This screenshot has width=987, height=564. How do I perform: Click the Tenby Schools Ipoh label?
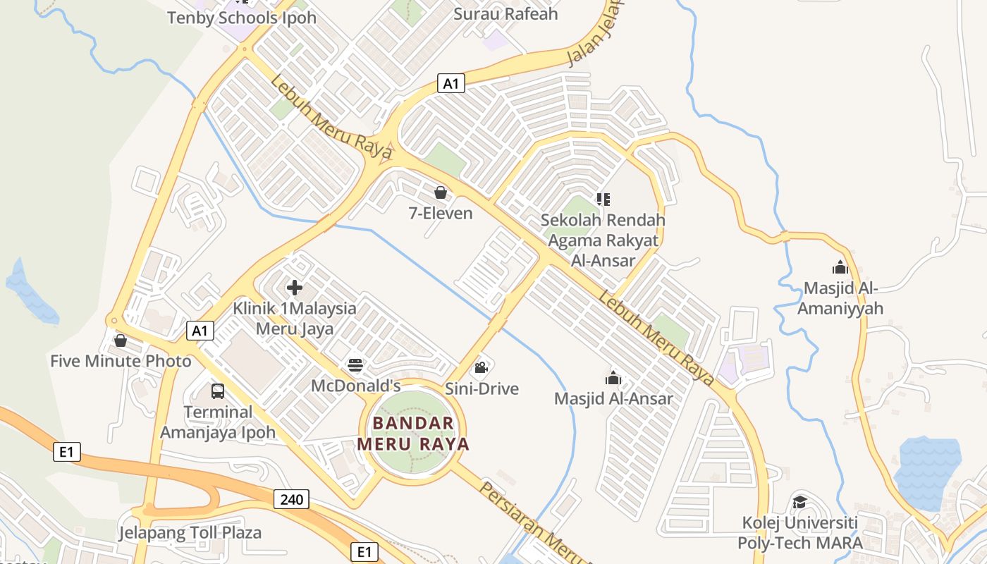[242, 18]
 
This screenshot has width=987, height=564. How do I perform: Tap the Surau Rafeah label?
[505, 13]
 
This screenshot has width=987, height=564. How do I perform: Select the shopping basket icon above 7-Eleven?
[441, 192]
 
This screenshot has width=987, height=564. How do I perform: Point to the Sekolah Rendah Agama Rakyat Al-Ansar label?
[603, 240]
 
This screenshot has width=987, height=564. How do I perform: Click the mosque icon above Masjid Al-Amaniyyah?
[840, 267]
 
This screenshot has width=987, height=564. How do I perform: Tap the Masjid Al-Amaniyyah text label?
[840, 298]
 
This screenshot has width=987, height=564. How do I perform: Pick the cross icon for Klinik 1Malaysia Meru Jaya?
[295, 288]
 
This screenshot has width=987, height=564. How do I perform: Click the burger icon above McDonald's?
[355, 365]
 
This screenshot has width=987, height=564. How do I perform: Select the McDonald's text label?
[355, 386]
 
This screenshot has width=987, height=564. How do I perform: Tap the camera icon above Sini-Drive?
[482, 367]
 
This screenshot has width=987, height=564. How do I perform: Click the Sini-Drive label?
[482, 388]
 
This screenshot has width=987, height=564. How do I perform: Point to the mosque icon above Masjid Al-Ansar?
[613, 378]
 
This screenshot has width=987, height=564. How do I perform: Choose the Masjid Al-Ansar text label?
[613, 399]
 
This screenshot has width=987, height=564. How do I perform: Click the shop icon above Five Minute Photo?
[121, 341]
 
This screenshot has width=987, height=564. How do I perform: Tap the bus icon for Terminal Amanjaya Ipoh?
[218, 391]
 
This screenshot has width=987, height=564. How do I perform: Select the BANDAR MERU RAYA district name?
[413, 434]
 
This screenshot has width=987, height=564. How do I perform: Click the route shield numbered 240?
[291, 500]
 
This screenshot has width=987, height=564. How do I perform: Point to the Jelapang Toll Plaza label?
[190, 532]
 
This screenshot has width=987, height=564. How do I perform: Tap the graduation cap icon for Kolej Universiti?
[799, 502]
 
